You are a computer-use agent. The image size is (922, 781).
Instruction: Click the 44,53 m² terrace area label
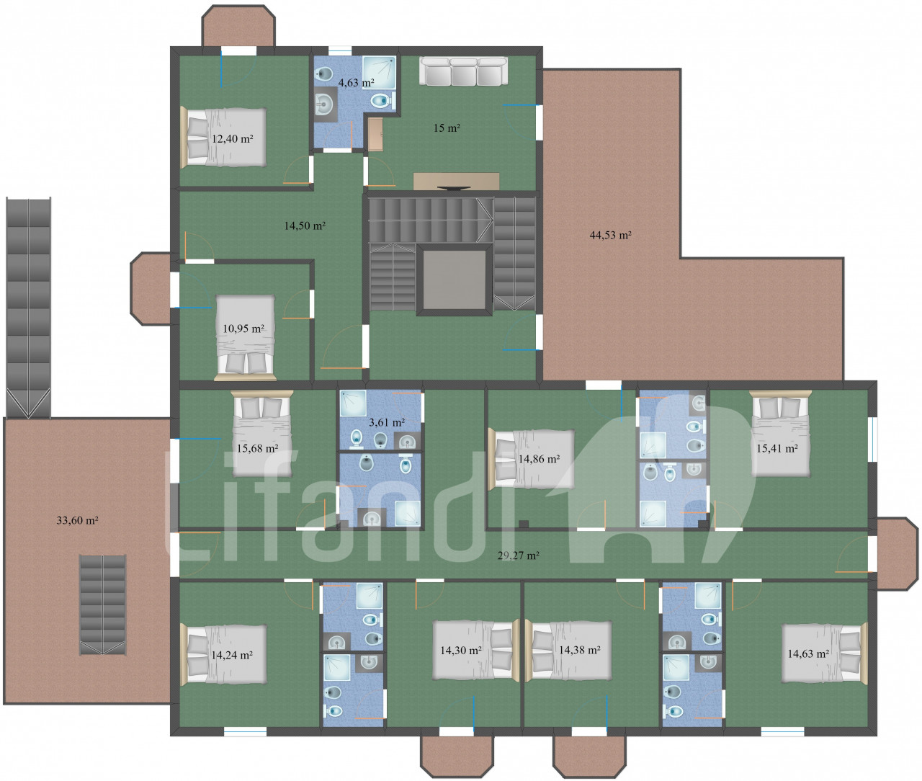pos(610,235)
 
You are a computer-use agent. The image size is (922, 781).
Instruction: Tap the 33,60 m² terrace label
pos(77,520)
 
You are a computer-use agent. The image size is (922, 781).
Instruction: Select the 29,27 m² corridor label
pos(519,555)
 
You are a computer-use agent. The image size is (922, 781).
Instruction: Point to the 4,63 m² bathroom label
pos(356,83)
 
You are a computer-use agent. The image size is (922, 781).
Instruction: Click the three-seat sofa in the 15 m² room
pos(463,71)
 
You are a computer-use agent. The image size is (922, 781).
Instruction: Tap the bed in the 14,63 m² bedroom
pos(822,653)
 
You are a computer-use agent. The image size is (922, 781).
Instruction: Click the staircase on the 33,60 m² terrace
pos(102,604)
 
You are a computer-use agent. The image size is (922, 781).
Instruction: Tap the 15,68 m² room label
pos(257,448)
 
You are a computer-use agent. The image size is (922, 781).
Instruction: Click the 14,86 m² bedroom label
pos(539,458)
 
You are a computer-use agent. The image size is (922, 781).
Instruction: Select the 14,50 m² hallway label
pos(305,226)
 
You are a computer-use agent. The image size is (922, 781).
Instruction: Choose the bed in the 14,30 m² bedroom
pos(475,651)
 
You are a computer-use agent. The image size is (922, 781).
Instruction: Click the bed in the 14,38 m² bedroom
pos(568,651)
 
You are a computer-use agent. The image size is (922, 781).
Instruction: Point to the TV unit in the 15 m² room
pos(456,181)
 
